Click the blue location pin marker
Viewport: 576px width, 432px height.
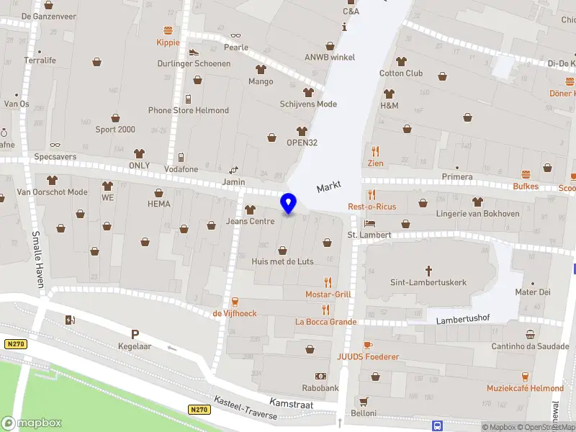(288, 203)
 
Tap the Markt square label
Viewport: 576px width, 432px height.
(328, 187)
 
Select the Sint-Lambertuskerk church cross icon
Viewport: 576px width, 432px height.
(428, 271)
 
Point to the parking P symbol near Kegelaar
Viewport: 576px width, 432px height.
(134, 333)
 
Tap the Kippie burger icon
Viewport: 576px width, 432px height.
(168, 30)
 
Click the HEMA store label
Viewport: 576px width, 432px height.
(158, 204)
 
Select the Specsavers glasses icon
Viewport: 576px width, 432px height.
(55, 145)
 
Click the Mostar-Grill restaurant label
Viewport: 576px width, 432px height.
(328, 294)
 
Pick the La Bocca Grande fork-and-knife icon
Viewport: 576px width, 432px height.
(325, 310)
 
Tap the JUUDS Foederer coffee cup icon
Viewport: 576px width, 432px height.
(367, 346)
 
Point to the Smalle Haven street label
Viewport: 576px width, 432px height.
(37, 260)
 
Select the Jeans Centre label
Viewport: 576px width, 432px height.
(250, 221)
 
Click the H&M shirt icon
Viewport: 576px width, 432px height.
(390, 94)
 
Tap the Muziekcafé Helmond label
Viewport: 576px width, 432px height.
(525, 388)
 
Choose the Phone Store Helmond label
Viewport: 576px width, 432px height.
(189, 110)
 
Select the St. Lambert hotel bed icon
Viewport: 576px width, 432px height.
(369, 222)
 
